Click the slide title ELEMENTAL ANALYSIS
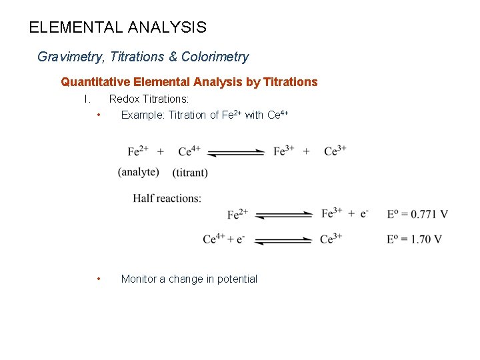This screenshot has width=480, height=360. [x=118, y=28]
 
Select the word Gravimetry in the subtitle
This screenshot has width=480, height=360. [x=67, y=57]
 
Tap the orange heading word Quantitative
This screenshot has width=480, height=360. [x=95, y=82]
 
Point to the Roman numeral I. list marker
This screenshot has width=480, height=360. [x=87, y=99]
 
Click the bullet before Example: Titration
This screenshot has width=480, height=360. [x=98, y=115]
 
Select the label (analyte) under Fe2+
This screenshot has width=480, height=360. [x=139, y=172]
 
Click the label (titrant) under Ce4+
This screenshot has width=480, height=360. [x=190, y=173]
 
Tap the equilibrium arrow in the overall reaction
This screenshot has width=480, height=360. [x=236, y=153]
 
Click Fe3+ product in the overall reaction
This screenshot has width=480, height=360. [x=284, y=151]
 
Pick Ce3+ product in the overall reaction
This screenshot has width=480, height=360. [x=335, y=151]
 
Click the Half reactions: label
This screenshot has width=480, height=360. [x=167, y=198]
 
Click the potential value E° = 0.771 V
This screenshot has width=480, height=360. [x=417, y=214]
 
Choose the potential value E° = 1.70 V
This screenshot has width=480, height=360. [x=414, y=239]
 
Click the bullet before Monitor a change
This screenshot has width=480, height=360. [x=98, y=279]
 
